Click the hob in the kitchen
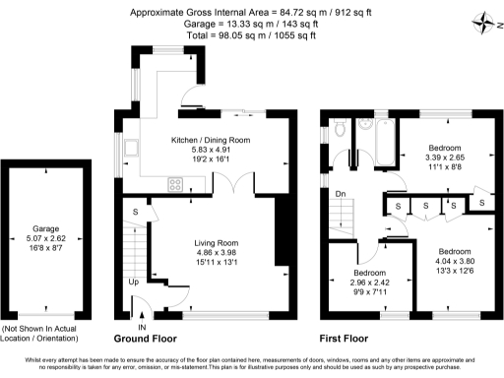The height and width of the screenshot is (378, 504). point(174,182)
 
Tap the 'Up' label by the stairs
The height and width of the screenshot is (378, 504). point(134,282)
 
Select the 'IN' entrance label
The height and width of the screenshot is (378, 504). point(142,328)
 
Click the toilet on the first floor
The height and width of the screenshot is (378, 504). point(338,128)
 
